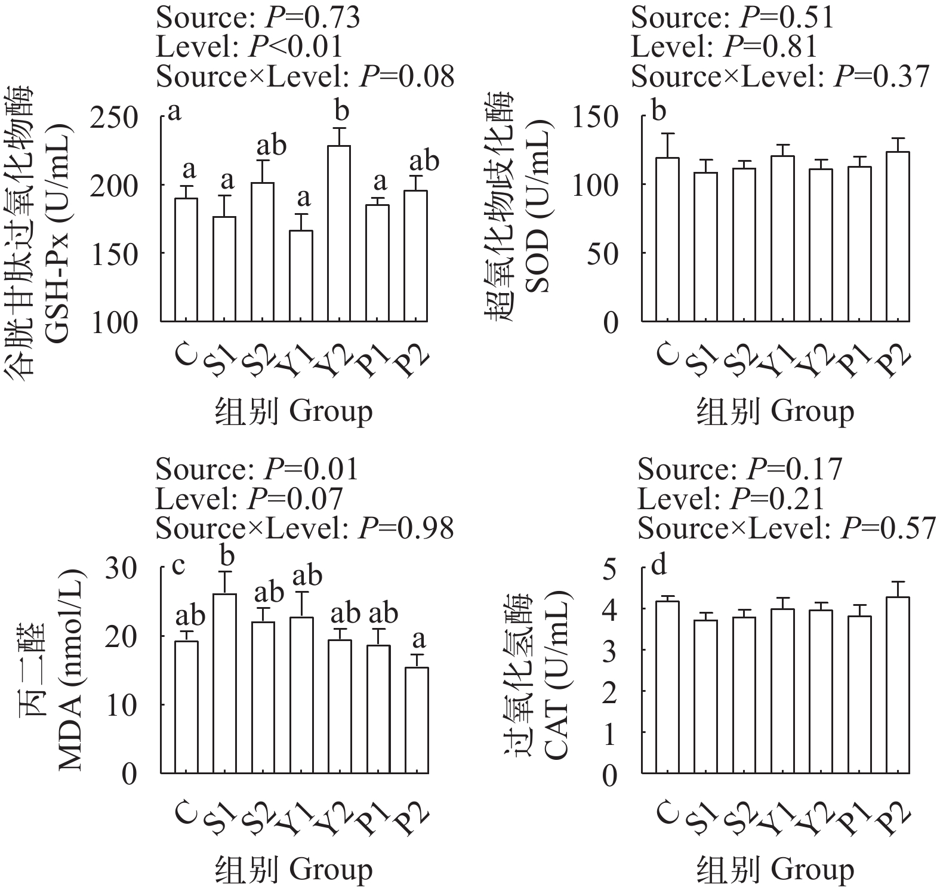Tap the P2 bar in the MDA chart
point(419,720)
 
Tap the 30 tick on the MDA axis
point(122,567)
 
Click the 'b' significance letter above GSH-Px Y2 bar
point(342,112)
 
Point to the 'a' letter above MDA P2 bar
point(419,639)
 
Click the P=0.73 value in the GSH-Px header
point(312,18)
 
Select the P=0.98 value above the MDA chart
point(406,528)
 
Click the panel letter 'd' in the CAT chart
point(658,565)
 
